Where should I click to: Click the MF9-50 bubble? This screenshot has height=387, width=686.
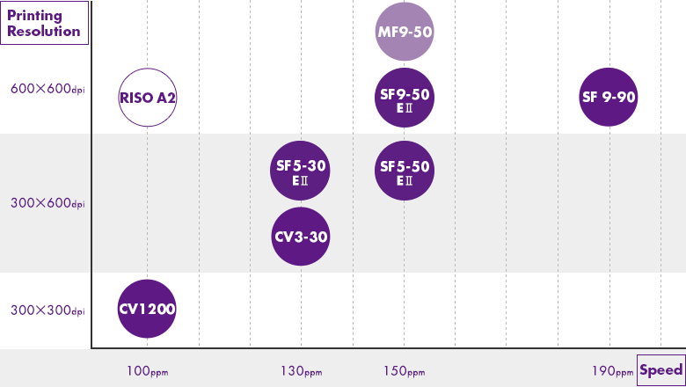405,33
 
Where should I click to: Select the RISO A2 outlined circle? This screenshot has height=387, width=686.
148,97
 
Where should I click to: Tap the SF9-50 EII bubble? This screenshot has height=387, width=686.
405,97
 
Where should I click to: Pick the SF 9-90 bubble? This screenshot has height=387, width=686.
609,97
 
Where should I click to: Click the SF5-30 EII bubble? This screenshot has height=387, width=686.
302,170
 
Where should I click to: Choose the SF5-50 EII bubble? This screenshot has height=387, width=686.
405,170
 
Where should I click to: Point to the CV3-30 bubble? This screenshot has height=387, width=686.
302,236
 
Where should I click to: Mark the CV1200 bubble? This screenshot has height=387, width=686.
148,309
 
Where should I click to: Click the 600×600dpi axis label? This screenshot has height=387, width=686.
47,89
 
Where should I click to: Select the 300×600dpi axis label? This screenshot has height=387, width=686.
47,204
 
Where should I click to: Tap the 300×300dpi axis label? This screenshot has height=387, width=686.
47,310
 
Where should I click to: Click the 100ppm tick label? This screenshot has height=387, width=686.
147,371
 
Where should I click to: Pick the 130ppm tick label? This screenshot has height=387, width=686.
302,371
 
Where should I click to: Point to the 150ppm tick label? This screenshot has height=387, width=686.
405,371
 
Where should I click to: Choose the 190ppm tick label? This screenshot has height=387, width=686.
612,371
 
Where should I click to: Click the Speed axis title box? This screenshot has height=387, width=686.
660,369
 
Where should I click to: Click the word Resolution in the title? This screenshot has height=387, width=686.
43,32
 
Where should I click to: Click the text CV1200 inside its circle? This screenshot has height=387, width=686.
148,309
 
